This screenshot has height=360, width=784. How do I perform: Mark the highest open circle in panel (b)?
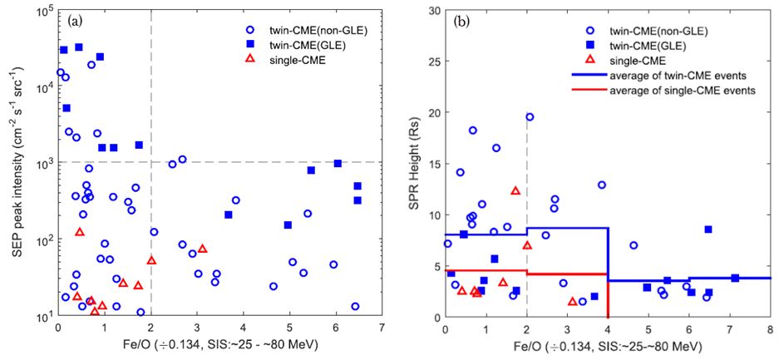(x=530, y=117)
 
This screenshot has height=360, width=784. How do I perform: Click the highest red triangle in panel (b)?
(x=515, y=190)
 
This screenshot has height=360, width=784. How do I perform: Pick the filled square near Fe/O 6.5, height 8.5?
(x=708, y=229)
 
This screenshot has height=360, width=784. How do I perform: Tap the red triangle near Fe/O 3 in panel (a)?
(x=202, y=249)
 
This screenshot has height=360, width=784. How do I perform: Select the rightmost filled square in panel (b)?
(x=735, y=278)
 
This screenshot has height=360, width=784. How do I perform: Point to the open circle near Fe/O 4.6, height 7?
(x=634, y=245)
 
